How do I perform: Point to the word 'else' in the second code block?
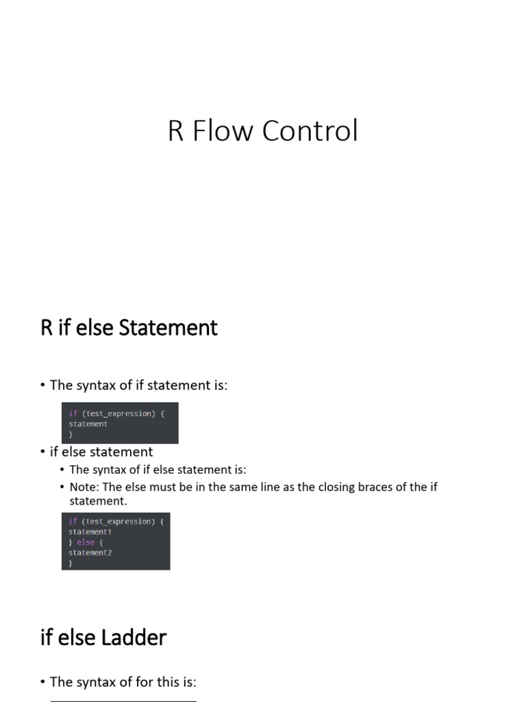point(86,542)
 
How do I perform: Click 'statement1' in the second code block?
point(90,532)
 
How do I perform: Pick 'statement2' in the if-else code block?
point(90,553)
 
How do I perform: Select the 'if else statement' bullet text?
point(101,452)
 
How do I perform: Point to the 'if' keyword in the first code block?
point(73,413)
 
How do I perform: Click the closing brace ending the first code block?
point(71,434)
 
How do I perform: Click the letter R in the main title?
point(176,131)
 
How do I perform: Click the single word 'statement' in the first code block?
point(88,424)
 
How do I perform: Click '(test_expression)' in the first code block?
point(120,413)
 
